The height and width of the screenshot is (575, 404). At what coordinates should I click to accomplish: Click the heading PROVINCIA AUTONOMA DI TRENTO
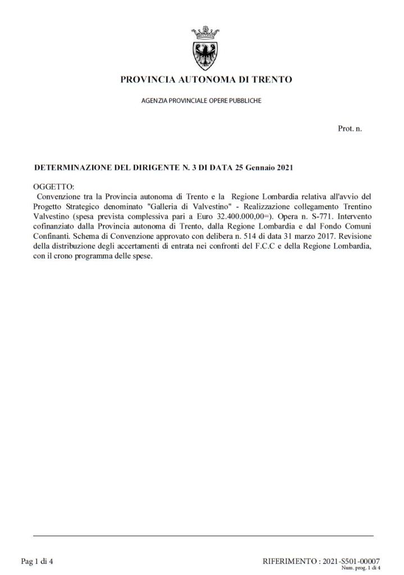(x=206, y=80)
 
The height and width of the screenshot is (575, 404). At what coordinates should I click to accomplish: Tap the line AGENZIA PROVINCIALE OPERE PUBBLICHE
(x=201, y=101)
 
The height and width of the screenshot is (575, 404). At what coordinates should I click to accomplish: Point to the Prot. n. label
(x=349, y=129)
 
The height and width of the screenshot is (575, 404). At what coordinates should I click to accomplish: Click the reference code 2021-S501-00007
(x=352, y=561)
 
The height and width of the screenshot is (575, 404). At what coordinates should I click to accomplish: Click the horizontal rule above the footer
(x=203, y=536)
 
